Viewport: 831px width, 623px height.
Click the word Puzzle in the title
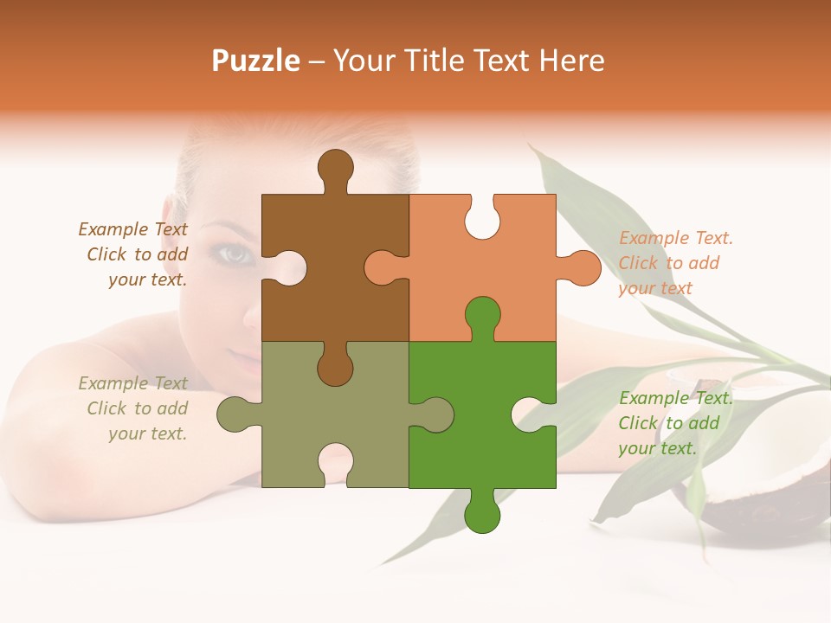256,61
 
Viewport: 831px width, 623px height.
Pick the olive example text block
135,408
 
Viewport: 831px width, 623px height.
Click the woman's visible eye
232,254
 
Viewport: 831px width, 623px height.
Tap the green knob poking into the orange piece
482,316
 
